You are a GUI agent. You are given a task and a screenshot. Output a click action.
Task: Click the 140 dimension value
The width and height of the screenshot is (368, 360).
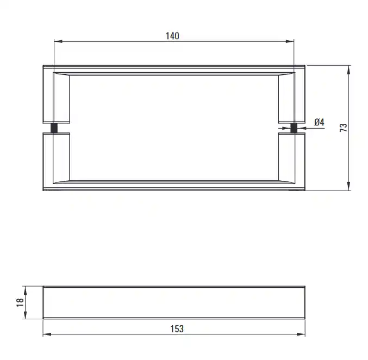[x=172, y=36]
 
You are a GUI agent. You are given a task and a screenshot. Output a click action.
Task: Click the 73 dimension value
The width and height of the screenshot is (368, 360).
[x=344, y=128]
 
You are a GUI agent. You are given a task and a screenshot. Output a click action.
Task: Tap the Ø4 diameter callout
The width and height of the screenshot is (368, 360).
[x=319, y=122]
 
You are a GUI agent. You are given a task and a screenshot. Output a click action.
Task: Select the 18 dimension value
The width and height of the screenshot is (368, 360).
[x=20, y=302]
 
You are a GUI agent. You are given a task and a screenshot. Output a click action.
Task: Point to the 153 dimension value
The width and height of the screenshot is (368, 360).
[x=177, y=329]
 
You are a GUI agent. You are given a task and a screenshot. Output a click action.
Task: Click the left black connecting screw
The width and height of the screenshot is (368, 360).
[x=54, y=128]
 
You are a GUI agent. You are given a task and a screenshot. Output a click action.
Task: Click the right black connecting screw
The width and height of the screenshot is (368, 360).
[x=294, y=128]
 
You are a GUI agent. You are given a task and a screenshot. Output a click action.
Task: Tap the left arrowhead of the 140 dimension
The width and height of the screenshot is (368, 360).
[x=58, y=41]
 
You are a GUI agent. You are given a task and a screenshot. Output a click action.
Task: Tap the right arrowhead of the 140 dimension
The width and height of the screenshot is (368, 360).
[x=290, y=41]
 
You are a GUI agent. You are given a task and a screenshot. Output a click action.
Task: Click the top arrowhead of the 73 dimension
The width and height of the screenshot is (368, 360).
[x=349, y=70]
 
